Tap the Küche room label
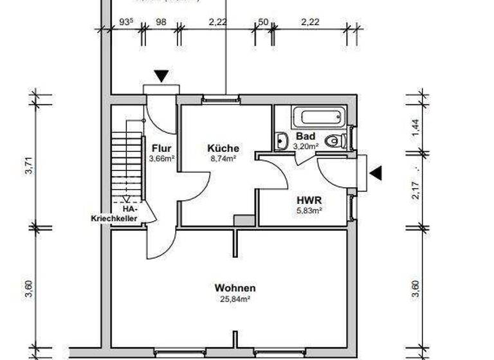(223, 148)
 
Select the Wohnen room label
(235, 288)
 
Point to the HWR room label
(309, 200)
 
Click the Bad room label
(306, 136)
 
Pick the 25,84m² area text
(235, 299)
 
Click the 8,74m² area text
(223, 157)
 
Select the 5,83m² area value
(309, 210)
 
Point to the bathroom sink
(282, 140)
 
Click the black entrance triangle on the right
(375, 173)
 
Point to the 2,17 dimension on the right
(416, 190)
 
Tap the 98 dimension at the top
(161, 22)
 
